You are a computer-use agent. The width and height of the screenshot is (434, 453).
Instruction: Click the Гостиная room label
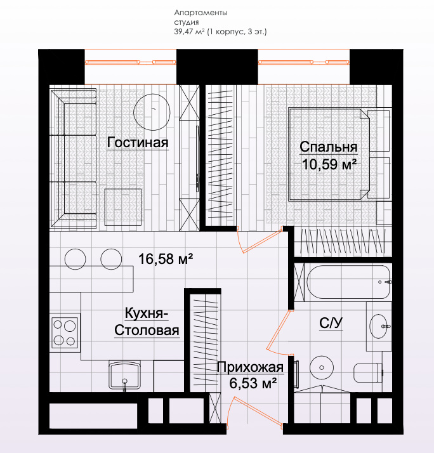(x=138, y=143)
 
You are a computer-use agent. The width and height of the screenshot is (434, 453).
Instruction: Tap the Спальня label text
(x=329, y=147)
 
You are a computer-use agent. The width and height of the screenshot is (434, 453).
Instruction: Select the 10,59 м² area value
(x=329, y=164)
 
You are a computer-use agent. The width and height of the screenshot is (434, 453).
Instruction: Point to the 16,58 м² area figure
(x=166, y=259)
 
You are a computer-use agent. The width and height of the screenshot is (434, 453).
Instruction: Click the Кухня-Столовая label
(x=147, y=322)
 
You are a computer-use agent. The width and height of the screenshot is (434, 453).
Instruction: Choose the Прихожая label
(x=250, y=367)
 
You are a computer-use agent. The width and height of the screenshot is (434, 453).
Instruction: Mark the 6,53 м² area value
(x=253, y=383)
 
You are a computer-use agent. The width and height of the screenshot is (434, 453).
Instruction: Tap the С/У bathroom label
(x=331, y=323)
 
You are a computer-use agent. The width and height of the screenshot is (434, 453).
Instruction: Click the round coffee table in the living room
(x=152, y=112)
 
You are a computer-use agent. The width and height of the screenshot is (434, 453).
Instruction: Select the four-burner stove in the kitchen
(x=65, y=333)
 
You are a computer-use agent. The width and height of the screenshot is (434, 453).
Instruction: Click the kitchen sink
(x=124, y=376)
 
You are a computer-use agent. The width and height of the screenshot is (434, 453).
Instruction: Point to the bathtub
(x=348, y=282)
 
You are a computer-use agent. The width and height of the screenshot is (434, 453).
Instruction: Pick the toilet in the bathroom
(x=368, y=372)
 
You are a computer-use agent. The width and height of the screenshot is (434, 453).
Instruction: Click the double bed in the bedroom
(x=329, y=154)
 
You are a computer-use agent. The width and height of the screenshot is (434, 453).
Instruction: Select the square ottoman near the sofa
(x=123, y=207)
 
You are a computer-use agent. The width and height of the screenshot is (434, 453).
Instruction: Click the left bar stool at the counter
(x=75, y=259)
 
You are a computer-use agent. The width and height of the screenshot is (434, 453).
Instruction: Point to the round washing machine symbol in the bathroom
(x=322, y=367)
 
